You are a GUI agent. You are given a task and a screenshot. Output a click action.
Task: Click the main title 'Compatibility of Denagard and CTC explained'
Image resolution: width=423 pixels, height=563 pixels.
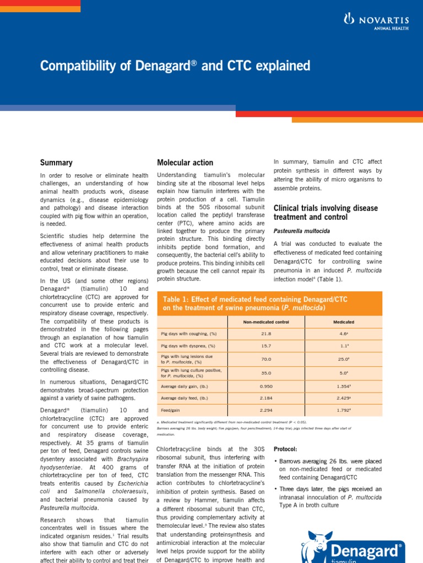pyautogui.click(x=175, y=67)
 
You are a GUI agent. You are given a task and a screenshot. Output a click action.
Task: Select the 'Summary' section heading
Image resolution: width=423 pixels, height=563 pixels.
pyautogui.click(x=56, y=162)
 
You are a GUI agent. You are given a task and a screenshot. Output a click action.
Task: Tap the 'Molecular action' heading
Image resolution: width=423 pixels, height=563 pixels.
pyautogui.click(x=185, y=162)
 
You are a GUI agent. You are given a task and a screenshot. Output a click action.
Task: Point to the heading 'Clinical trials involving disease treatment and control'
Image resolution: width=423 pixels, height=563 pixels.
pyautogui.click(x=326, y=212)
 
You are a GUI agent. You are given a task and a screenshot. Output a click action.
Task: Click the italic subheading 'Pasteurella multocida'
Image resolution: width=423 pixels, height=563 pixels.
pyautogui.click(x=302, y=231)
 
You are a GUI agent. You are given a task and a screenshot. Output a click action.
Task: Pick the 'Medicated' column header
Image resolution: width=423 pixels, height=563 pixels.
pyautogui.click(x=344, y=322)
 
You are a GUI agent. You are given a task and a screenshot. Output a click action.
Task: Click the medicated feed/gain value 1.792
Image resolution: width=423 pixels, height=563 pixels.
pyautogui.click(x=344, y=410)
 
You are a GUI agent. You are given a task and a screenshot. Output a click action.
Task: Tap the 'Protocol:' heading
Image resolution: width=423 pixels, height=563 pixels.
pyautogui.click(x=285, y=448)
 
